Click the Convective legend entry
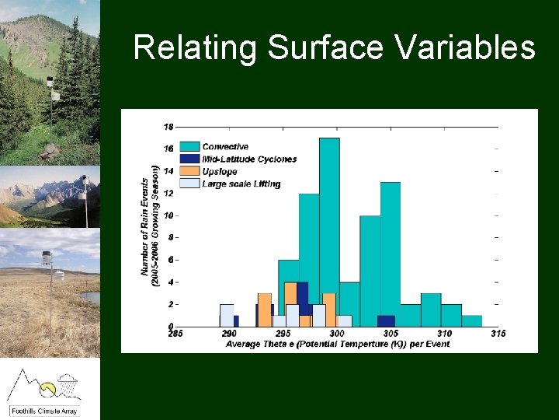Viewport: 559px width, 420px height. pos(225,146)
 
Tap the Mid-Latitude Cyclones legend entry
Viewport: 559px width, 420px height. pos(248,159)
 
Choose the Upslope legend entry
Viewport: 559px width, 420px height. pos(219,171)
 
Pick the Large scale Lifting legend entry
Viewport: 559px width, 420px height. pos(241,184)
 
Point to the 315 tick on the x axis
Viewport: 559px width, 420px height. pos(498,334)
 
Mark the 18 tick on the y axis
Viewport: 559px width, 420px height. pos(168,126)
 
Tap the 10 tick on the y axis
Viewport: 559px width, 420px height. pos(168,215)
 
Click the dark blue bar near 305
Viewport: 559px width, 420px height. pos(386,320)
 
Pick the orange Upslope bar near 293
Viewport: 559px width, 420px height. pos(265,310)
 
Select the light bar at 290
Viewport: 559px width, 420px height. pos(227,315)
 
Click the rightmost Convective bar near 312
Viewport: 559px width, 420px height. pos(472,320)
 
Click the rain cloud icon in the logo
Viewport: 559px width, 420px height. pos(68,382)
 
